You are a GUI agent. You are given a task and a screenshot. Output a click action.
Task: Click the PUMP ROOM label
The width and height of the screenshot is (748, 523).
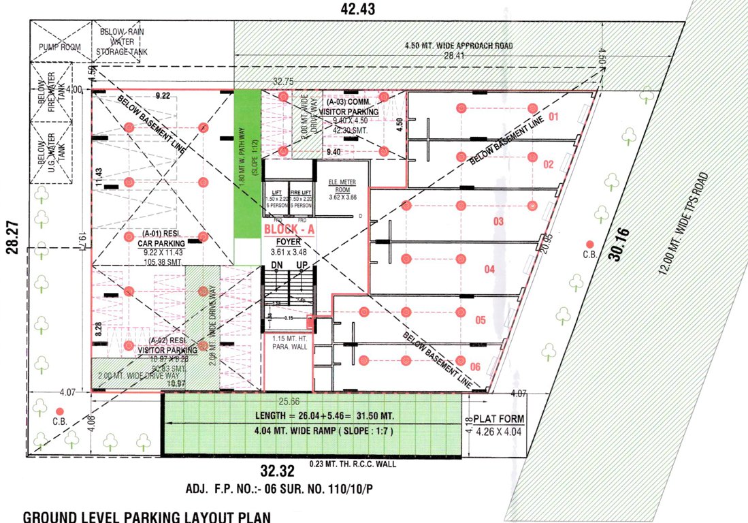(x=60, y=47)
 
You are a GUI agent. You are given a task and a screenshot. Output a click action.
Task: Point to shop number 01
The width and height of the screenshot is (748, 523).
(x=553, y=117)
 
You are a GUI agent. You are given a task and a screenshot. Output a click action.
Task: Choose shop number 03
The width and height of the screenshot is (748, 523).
(x=498, y=221)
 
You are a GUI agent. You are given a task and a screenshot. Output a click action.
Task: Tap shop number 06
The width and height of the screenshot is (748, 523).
(x=474, y=367)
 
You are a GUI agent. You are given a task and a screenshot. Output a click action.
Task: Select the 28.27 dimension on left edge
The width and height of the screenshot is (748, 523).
(x=11, y=240)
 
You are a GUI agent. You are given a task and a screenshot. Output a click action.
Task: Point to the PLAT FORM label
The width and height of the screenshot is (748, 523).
(x=500, y=419)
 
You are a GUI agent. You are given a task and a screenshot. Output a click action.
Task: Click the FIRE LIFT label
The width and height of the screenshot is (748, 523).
(x=300, y=193)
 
